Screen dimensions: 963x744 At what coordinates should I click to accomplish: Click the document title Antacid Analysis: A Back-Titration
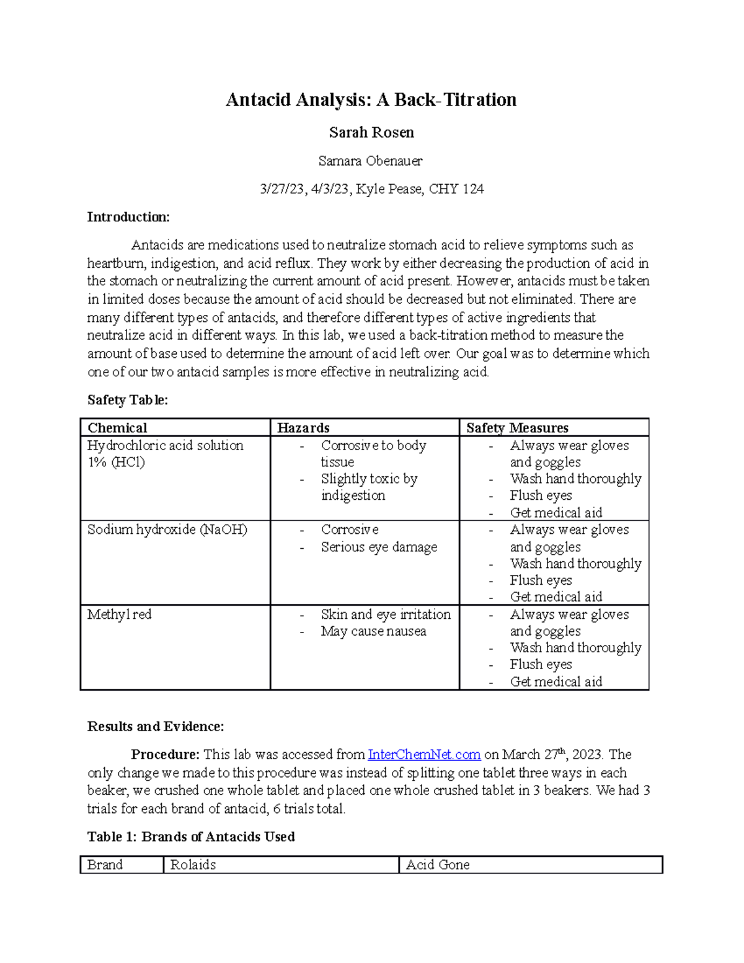[371, 100]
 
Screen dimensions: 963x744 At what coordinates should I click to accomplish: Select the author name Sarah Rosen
[371, 132]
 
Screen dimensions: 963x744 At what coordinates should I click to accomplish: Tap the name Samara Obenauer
[370, 161]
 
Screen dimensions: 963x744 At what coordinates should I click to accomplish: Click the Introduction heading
[128, 217]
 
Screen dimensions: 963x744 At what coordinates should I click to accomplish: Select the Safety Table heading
[127, 400]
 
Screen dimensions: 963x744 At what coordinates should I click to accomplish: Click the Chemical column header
[117, 428]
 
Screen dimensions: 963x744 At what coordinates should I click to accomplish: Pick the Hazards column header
[303, 428]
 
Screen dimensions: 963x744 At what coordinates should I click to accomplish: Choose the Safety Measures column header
[517, 428]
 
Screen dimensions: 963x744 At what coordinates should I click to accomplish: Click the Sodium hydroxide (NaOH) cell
[167, 530]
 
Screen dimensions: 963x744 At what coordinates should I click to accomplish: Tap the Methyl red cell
[119, 615]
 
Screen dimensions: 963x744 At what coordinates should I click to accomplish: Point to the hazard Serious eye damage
[379, 547]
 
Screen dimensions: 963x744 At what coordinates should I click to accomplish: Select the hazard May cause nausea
[373, 631]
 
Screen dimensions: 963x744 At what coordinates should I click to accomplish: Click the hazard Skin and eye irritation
[386, 615]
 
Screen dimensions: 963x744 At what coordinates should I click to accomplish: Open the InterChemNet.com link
[424, 755]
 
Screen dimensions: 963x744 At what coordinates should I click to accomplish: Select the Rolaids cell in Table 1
[193, 865]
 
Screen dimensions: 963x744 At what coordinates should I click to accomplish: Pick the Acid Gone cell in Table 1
[438, 865]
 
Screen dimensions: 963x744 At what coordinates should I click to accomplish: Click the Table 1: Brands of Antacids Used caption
[191, 837]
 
